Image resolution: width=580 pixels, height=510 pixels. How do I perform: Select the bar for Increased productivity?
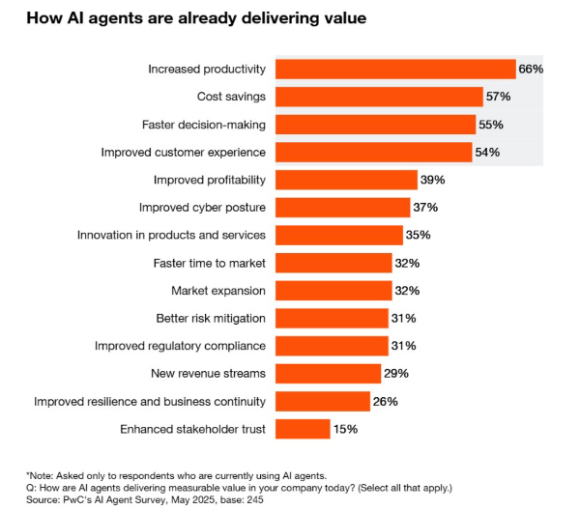pos(395,69)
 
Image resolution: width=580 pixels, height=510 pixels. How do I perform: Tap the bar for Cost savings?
pos(379,97)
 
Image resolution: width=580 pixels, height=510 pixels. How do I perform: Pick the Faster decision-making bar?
pos(376,125)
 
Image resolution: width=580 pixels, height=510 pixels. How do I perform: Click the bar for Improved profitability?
pos(346,180)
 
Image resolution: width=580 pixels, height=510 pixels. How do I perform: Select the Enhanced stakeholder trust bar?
pos(303,429)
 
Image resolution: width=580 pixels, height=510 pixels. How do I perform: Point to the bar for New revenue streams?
pos(329,374)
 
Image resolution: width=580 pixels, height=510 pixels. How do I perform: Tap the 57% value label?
pos(498,97)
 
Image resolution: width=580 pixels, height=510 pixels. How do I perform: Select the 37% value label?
pos(426,208)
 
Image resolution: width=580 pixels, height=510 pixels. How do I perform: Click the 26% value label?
pos(386,401)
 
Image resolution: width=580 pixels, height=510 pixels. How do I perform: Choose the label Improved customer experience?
pos(184,152)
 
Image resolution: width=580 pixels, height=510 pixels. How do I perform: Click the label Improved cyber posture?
pos(201,208)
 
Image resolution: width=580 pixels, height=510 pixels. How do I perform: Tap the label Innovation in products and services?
pos(172,235)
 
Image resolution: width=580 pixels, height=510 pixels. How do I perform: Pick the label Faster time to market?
pos(210,263)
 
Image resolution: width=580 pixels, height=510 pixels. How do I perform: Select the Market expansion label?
pos(218,291)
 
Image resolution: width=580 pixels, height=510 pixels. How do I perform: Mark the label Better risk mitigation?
pos(211,318)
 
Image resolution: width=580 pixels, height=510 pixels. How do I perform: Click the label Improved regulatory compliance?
pos(180,346)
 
